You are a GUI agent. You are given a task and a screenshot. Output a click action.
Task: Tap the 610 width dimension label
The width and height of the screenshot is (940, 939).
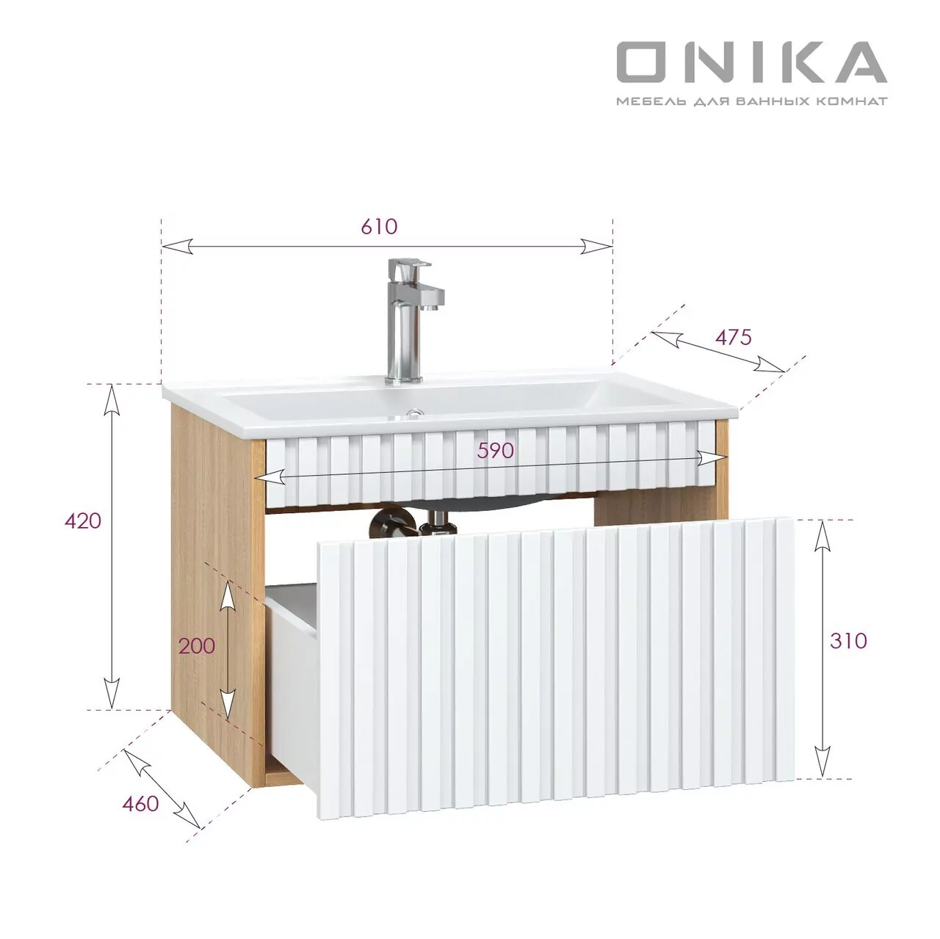click(379, 226)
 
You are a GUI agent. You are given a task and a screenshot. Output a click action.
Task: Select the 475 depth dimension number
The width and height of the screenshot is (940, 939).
click(733, 337)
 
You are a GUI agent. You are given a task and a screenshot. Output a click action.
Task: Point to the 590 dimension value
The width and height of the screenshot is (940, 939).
click(495, 450)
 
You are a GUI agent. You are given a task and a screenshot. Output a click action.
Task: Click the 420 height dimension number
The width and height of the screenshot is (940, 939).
click(83, 521)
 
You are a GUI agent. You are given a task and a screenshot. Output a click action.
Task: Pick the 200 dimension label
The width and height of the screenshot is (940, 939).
click(197, 645)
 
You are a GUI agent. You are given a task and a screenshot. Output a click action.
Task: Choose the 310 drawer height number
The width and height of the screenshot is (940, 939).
click(849, 640)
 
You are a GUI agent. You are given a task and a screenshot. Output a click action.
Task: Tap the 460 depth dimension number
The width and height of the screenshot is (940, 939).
click(140, 803)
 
